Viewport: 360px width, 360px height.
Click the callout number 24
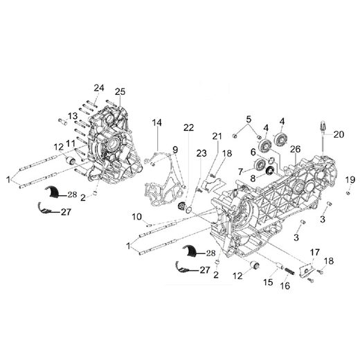click(99, 87)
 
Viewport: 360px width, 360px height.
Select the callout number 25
click(120, 92)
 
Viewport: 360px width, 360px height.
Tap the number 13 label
click(72, 115)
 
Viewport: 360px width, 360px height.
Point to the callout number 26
click(295, 150)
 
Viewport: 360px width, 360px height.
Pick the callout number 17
click(315, 251)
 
